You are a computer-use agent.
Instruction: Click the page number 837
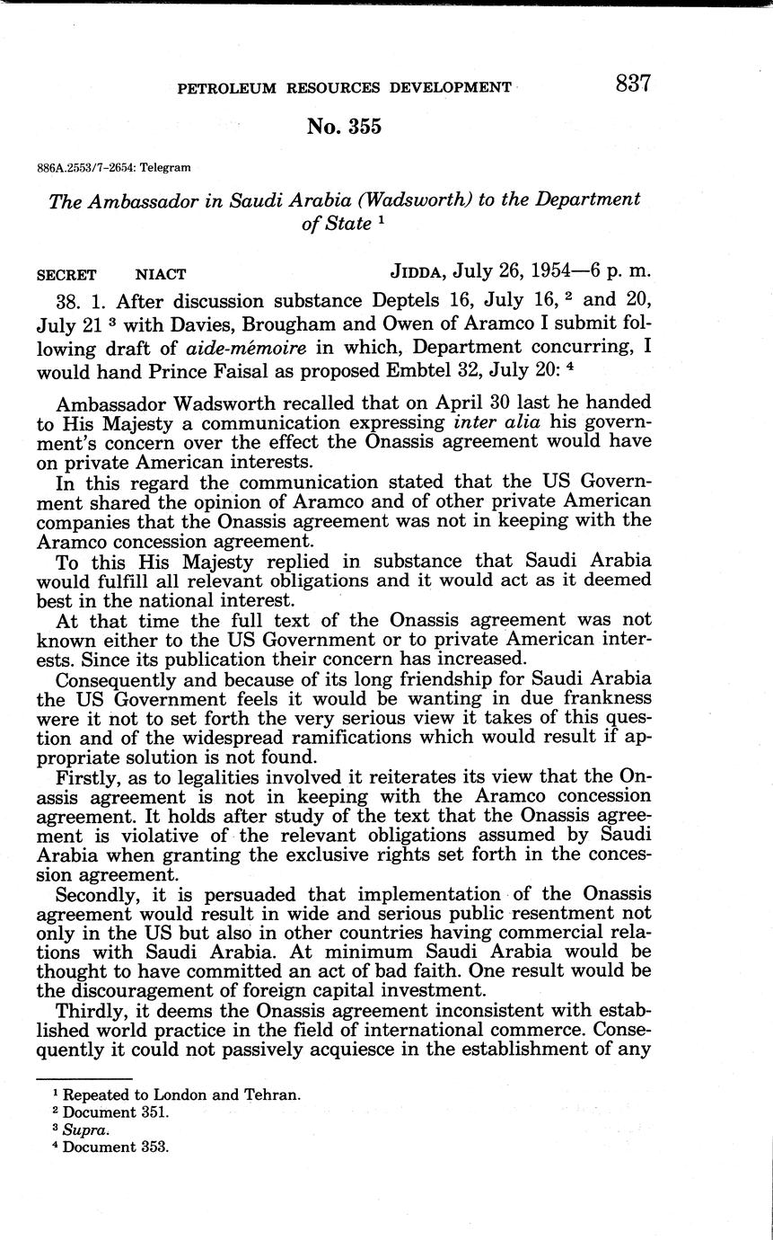click(633, 84)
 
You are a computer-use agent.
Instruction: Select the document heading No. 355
click(343, 127)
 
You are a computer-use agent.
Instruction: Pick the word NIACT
click(161, 274)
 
